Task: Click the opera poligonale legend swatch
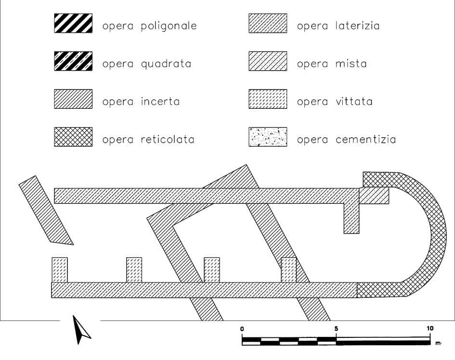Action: [x=73, y=23]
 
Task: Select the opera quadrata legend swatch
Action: [x=73, y=61]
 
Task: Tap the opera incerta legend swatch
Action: [x=73, y=99]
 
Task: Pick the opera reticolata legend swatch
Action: [x=73, y=137]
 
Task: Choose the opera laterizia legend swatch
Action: [x=268, y=23]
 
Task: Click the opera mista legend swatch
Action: [x=268, y=61]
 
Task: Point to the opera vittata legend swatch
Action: [x=268, y=99]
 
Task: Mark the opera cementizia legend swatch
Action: [x=268, y=137]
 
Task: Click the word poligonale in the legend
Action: [x=169, y=26]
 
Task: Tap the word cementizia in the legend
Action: [x=365, y=140]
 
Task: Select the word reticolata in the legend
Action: [x=168, y=140]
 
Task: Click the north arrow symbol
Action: [x=81, y=330]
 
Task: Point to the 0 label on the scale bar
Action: [x=242, y=329]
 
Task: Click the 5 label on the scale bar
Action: [x=337, y=329]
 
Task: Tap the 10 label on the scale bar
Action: [x=430, y=328]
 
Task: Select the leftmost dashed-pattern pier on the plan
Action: [x=60, y=270]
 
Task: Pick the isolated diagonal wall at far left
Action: [x=46, y=210]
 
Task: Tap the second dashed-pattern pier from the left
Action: [x=134, y=270]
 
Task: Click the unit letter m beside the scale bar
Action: [x=438, y=343]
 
